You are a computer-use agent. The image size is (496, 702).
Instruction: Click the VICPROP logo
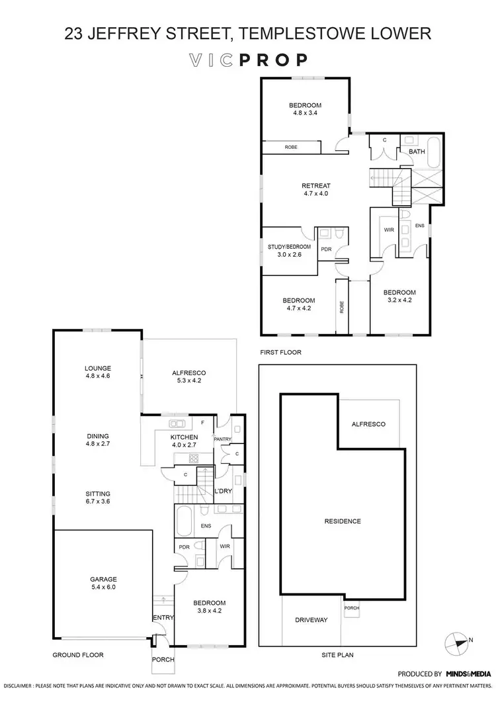pyautogui.click(x=248, y=60)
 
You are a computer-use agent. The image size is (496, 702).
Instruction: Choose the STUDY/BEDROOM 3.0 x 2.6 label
pyautogui.click(x=288, y=251)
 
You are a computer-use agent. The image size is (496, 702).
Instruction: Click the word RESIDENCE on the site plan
pyautogui.click(x=343, y=521)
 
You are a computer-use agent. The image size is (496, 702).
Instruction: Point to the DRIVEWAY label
pyautogui.click(x=311, y=620)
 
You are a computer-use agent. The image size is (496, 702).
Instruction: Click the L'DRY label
pyautogui.click(x=222, y=490)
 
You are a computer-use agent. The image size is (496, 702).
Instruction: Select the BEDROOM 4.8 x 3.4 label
pyautogui.click(x=305, y=109)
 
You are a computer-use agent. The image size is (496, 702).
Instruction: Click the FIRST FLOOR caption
pyautogui.click(x=281, y=353)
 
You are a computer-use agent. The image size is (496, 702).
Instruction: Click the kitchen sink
pyautogui.click(x=177, y=424)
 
